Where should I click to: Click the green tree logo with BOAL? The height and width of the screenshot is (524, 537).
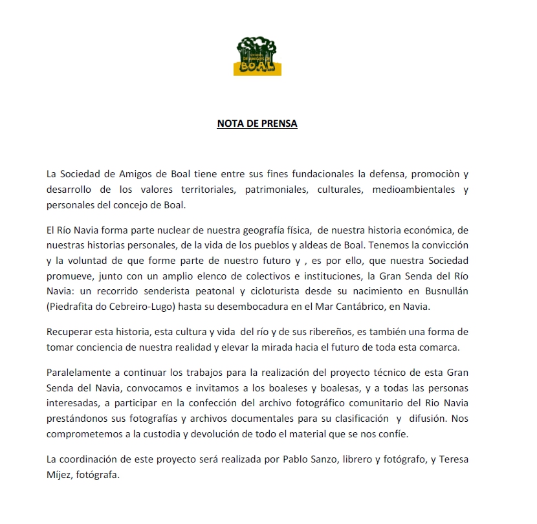[x=257, y=56]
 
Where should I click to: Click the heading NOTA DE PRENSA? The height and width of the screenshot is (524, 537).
[x=257, y=124]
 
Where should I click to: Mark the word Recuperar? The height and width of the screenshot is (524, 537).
[x=71, y=332]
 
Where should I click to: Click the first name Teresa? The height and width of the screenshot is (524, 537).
[x=454, y=459]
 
